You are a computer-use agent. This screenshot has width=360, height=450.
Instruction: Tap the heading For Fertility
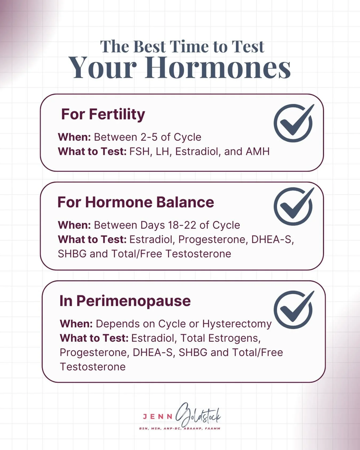coord(103,114)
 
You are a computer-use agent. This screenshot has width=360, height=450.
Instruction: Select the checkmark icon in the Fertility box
coord(293,123)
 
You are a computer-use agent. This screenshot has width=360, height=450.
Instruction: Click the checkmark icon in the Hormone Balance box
coord(293,206)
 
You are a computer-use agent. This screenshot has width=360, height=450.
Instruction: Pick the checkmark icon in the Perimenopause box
coord(293,310)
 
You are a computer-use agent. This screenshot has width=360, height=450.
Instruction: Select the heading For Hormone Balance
coord(135,202)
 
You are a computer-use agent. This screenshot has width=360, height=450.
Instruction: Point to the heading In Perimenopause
coord(125,301)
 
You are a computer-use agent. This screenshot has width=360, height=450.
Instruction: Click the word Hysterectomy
coord(237,324)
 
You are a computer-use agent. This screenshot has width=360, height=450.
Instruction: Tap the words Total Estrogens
coord(220,338)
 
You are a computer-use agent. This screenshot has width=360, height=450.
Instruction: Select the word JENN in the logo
coord(158,417)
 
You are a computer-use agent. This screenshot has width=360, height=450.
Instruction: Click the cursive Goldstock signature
coord(199,415)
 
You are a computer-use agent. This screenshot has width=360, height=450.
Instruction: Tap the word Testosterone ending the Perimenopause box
coord(93,367)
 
